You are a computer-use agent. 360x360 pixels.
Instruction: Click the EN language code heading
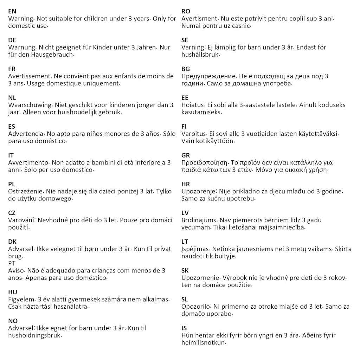pos(12,11)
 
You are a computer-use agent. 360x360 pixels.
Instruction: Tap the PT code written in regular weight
pos(12,263)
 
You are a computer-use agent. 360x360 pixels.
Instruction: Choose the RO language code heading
pos(186,11)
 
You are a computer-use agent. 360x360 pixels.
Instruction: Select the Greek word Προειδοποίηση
pos(205,163)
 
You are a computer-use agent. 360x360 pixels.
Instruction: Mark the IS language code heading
pos(184,328)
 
